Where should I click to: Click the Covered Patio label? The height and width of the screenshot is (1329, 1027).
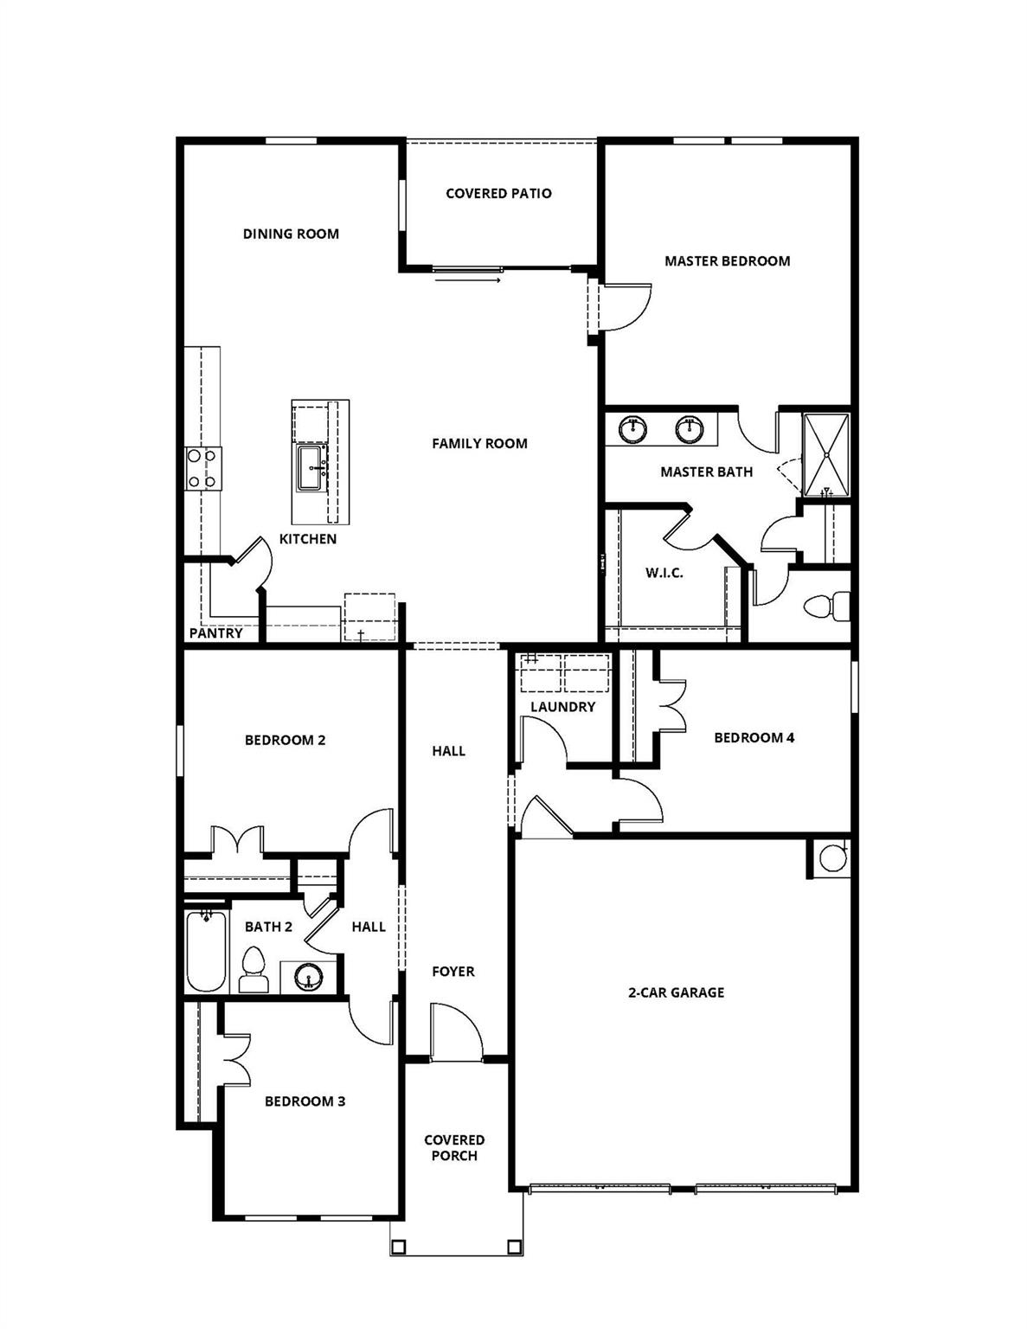coord(498,193)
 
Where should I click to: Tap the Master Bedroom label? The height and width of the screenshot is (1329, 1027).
coord(727,260)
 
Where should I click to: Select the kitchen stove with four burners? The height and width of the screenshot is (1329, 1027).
coord(203,469)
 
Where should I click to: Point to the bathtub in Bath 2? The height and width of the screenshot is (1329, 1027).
coord(206,952)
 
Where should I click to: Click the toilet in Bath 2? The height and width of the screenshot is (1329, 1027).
coord(253,969)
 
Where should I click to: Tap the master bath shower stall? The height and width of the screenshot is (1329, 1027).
coord(826,455)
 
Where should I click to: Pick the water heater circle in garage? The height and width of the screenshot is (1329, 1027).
coord(832,858)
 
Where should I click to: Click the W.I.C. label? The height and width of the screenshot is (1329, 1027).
coord(664,573)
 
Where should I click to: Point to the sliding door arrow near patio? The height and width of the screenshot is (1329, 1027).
coord(467,279)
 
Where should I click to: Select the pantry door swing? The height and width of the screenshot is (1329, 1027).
coord(255,558)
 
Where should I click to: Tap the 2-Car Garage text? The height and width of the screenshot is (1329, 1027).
coord(676,992)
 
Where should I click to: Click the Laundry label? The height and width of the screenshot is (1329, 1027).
coord(562,707)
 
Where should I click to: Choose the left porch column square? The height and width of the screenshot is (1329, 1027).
coord(399,1247)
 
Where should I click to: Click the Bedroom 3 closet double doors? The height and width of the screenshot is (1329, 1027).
coord(236,1056)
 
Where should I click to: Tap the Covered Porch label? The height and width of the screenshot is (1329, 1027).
coord(454,1147)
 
